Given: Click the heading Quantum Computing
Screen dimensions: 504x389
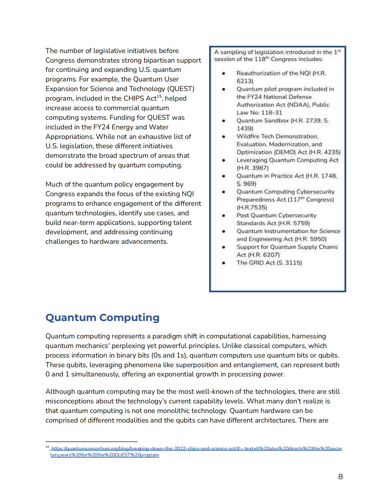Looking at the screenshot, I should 102,317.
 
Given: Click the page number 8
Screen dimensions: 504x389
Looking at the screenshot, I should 340,476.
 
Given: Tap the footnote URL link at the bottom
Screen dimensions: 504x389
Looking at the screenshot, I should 196,449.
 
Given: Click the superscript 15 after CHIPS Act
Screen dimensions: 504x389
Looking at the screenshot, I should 159,96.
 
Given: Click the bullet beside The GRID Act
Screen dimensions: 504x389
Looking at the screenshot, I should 224,263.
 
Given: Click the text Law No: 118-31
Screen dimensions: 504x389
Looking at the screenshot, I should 259,113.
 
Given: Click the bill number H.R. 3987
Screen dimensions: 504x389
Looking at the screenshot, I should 253,168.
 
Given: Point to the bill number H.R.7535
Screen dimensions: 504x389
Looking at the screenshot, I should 252,207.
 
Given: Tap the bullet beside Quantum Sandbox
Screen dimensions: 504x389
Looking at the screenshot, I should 224,121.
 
